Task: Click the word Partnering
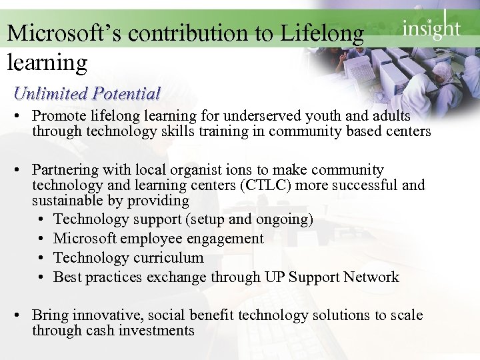tap(64, 170)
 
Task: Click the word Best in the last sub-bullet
tap(66, 277)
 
